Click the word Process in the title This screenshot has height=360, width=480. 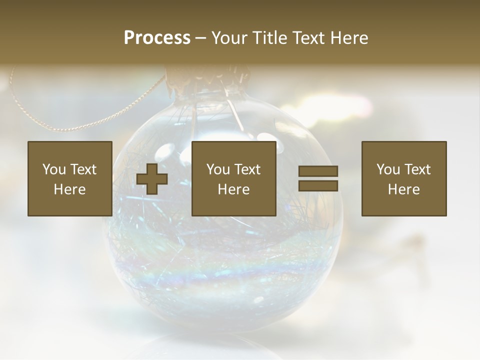pyautogui.click(x=157, y=38)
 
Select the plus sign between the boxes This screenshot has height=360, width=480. pyautogui.click(x=152, y=179)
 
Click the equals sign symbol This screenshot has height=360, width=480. pyautogui.click(x=318, y=178)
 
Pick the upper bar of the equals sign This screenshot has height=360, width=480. pyautogui.click(x=318, y=171)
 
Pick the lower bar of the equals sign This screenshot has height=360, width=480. pyautogui.click(x=318, y=185)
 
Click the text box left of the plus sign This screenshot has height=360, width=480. pyautogui.click(x=69, y=178)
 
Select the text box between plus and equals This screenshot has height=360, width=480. pyautogui.click(x=233, y=178)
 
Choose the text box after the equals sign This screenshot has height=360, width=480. pyautogui.click(x=403, y=178)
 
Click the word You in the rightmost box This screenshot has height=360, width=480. pyautogui.click(x=387, y=169)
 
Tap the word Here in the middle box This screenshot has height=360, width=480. pyautogui.click(x=233, y=189)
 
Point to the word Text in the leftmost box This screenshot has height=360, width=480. pyautogui.click(x=83, y=169)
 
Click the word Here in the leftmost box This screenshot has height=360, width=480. pyautogui.click(x=69, y=189)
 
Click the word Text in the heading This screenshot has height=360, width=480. pyautogui.click(x=308, y=38)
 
